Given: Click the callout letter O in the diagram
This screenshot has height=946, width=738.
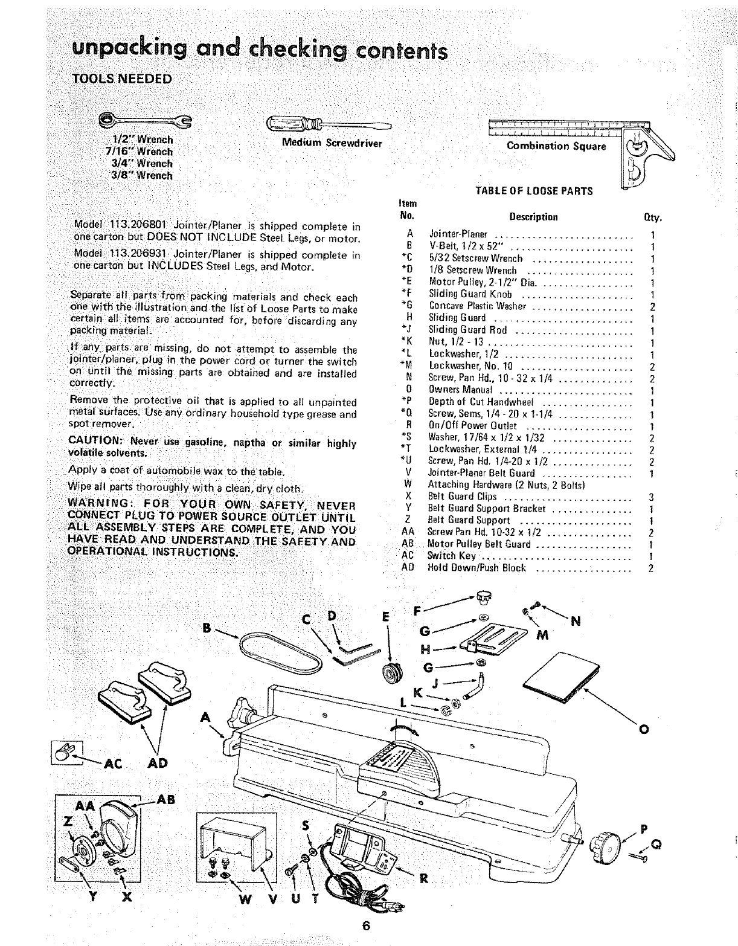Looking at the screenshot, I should click(x=643, y=730).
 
